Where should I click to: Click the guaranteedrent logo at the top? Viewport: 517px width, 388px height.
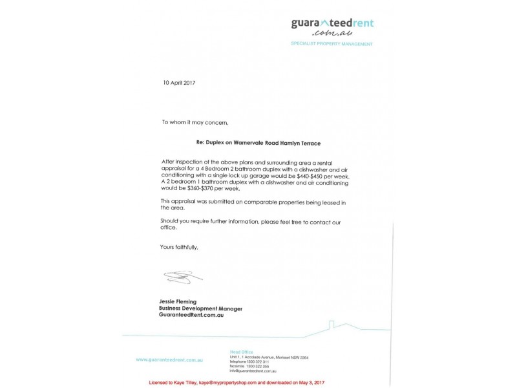(x=332, y=24)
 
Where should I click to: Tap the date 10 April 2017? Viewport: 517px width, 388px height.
(x=178, y=83)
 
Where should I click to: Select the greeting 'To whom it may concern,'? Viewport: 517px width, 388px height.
(x=195, y=122)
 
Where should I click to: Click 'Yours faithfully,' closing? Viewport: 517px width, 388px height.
(x=179, y=247)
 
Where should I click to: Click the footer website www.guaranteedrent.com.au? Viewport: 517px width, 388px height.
(x=170, y=359)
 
